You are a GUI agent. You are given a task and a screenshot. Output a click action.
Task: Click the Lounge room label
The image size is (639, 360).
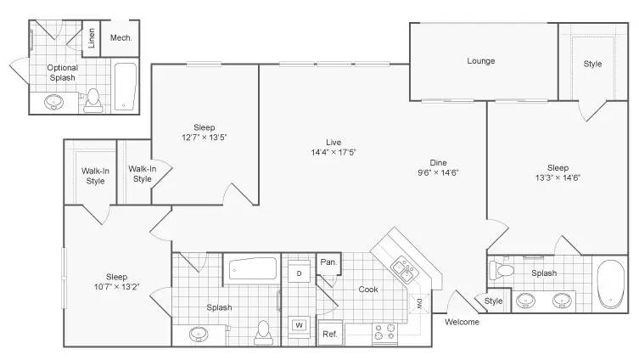point(481,61)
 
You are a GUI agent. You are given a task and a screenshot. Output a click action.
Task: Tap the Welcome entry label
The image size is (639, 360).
point(462,322)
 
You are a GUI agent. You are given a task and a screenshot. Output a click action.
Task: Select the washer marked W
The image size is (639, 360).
point(299,325)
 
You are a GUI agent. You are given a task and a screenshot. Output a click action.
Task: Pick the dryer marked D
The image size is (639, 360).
point(299,273)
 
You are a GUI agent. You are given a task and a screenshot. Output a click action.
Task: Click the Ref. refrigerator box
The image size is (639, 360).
point(330,334)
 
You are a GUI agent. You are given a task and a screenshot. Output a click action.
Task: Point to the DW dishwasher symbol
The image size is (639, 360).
point(419,303)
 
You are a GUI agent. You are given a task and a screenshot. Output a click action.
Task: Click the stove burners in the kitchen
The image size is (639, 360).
point(385,332)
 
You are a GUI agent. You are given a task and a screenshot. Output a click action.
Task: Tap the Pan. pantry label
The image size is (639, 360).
point(328,262)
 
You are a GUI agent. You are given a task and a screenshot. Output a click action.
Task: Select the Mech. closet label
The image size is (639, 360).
point(121,38)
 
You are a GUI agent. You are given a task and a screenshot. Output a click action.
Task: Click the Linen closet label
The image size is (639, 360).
point(92,38)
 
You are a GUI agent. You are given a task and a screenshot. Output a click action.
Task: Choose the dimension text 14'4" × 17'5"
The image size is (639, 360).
point(334,153)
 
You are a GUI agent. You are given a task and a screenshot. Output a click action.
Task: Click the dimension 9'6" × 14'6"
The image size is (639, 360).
point(438,172)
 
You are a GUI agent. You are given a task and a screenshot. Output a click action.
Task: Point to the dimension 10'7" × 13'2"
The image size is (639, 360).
point(116,287)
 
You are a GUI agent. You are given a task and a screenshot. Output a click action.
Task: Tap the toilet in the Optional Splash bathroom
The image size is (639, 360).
point(93,100)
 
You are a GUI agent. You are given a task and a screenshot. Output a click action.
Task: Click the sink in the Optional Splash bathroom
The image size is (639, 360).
point(53,102)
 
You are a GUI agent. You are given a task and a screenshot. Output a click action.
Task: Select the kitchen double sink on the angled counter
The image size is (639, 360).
point(402,270)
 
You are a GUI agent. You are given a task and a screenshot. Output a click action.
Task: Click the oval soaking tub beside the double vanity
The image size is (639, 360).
point(610,284)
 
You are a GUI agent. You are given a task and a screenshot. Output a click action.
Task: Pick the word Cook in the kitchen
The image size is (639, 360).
point(368,290)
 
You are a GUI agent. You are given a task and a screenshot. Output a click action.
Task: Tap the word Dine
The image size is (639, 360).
point(438,163)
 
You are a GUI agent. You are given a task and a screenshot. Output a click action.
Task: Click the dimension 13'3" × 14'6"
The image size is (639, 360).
point(558,177)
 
